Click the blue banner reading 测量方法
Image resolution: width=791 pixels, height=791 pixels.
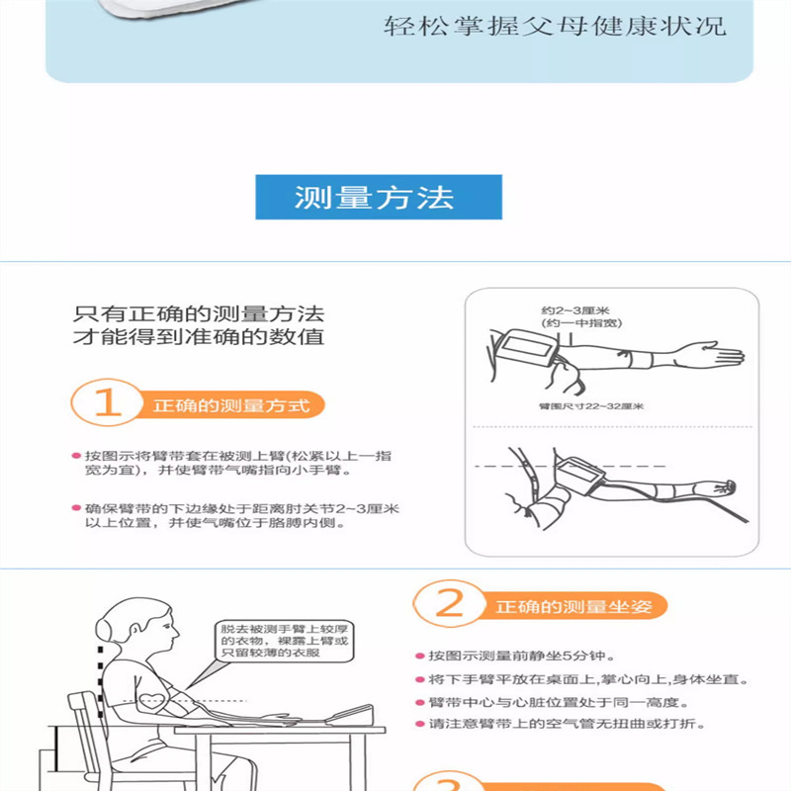[379, 197]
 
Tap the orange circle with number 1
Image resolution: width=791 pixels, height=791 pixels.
[108, 402]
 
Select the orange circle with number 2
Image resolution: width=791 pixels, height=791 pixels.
[450, 603]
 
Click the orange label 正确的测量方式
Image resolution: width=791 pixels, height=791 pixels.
[231, 405]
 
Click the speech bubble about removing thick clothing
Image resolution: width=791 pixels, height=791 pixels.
[285, 641]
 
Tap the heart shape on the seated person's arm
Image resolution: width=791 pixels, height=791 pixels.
[151, 701]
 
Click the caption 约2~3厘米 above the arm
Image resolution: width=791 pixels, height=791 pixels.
[575, 310]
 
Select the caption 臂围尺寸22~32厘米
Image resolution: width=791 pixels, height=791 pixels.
[591, 406]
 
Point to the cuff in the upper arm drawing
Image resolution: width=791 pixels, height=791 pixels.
[525, 348]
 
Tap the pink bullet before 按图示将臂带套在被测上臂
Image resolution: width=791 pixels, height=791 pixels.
[77, 456]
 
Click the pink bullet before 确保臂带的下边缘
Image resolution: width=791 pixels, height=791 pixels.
[77, 508]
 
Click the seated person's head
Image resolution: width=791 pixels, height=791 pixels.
[136, 626]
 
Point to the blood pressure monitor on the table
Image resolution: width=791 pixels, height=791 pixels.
[351, 715]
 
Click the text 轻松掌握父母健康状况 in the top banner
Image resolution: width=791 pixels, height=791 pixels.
[555, 27]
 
